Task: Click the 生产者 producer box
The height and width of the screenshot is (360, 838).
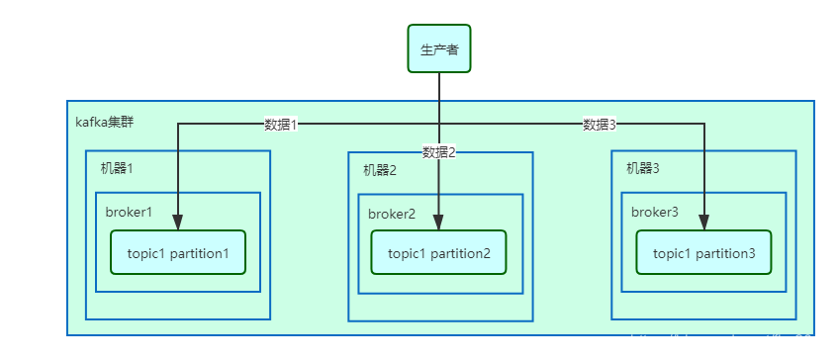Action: [x=439, y=49]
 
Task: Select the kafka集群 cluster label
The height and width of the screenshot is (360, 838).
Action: [x=105, y=123]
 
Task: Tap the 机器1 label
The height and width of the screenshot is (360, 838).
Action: [x=117, y=168]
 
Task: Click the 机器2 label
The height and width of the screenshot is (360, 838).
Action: [x=379, y=170]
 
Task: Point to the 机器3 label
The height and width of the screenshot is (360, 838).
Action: [x=642, y=168]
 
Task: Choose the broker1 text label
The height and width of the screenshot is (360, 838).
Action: [x=129, y=212]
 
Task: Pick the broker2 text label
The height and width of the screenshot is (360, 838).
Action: [x=392, y=214]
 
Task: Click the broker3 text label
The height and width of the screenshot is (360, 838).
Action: [x=655, y=212]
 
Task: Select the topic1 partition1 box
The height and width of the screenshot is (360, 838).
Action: [x=178, y=253]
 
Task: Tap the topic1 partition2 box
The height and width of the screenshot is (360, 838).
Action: [x=439, y=253]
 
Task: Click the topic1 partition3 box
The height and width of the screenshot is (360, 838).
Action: [x=703, y=253]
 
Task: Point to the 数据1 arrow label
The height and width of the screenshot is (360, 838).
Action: [x=281, y=125]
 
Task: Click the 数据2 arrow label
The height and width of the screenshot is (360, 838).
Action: [x=439, y=152]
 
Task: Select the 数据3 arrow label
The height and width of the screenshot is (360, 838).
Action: [x=600, y=125]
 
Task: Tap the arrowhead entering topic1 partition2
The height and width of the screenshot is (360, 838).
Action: [x=439, y=223]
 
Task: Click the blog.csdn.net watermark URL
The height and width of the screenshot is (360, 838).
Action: [x=729, y=341]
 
